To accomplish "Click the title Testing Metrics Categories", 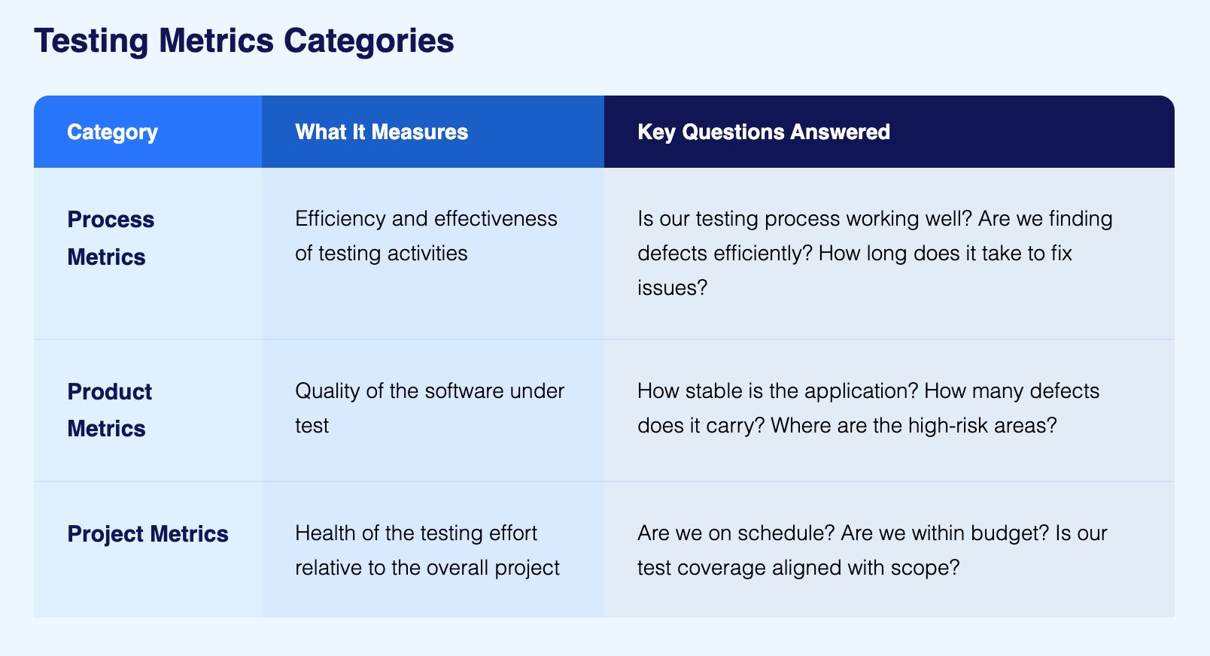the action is pos(244,41).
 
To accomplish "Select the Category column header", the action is pos(112,132).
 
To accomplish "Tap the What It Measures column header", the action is pos(382,132).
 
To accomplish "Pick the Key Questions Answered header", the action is pos(763,132).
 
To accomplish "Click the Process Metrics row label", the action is pos(111,238).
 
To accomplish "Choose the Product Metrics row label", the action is pos(110,410).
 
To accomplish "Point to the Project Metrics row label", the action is pos(147,534).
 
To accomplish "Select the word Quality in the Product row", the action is pos(327,391).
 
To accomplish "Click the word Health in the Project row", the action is pos(325,533).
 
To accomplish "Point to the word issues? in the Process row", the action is pos(672,288).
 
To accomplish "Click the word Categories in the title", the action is pos(369,41).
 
